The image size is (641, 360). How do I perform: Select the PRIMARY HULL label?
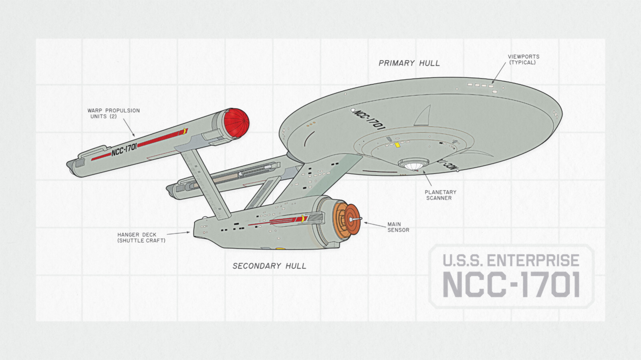409,63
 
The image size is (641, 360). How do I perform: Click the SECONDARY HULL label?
269,266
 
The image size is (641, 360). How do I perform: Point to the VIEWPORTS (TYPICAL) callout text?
523,59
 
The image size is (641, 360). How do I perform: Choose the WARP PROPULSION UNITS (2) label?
113,113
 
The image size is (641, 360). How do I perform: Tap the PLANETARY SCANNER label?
440,195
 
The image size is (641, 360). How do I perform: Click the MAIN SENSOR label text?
398,227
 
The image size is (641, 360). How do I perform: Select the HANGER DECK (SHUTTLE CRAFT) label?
141,237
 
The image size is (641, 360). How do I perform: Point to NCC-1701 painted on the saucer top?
369,119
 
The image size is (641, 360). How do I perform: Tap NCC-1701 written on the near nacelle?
124,149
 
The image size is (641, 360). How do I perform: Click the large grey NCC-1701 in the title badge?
511,284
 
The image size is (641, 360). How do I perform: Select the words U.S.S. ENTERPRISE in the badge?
511,261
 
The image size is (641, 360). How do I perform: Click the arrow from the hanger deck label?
178,233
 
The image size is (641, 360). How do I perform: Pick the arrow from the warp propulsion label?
129,128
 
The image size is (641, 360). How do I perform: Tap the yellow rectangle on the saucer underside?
397,145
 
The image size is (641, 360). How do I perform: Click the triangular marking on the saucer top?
423,116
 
